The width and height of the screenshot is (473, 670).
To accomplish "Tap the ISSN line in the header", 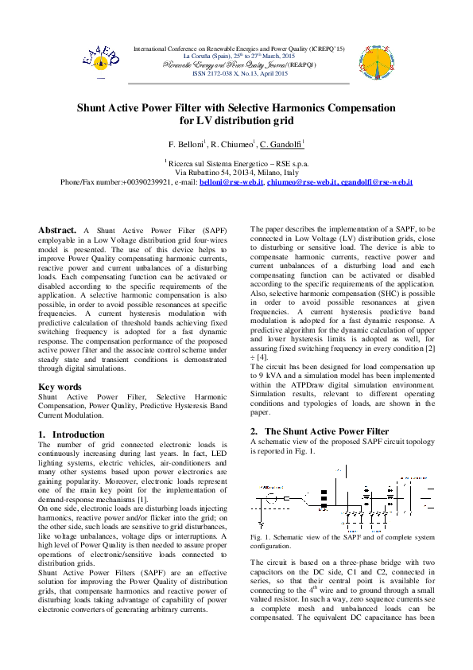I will point(240,73).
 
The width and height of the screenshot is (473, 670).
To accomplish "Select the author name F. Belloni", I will point(187,144).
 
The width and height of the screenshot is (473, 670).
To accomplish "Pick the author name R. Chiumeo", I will point(232,144).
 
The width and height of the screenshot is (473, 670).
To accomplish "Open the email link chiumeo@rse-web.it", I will point(302,182).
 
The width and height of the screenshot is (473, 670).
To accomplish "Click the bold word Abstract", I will point(57,230).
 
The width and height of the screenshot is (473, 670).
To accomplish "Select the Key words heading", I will point(60,387).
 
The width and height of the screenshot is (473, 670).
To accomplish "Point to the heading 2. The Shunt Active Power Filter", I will point(320,430).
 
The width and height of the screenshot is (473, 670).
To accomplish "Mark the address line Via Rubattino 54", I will point(237,172).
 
